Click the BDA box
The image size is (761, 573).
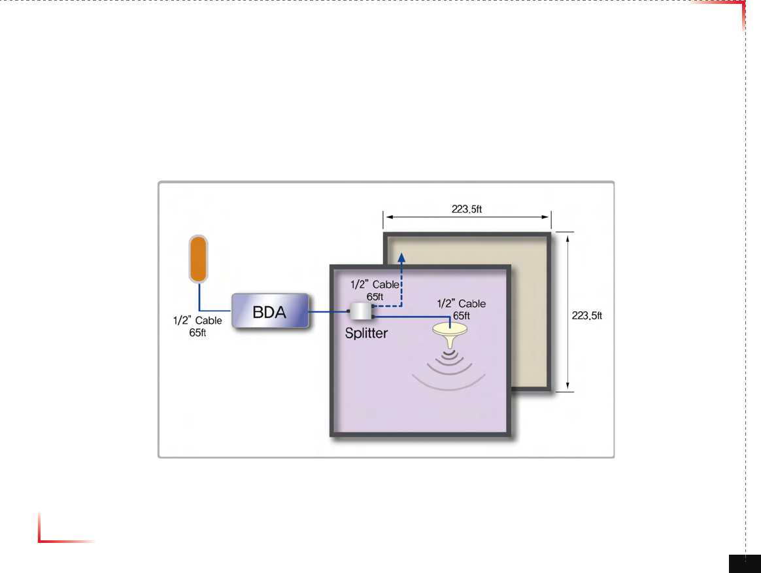[269, 311]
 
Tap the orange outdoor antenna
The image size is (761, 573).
[198, 259]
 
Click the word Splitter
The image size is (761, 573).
[366, 333]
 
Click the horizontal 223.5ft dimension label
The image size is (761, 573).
[467, 209]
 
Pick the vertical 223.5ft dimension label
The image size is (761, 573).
[586, 316]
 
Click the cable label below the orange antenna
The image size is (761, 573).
[197, 326]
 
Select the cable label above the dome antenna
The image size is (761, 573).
[461, 309]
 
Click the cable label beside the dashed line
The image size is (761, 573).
[375, 290]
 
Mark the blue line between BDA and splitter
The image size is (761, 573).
[328, 312]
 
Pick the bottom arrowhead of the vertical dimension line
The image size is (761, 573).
[567, 387]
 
